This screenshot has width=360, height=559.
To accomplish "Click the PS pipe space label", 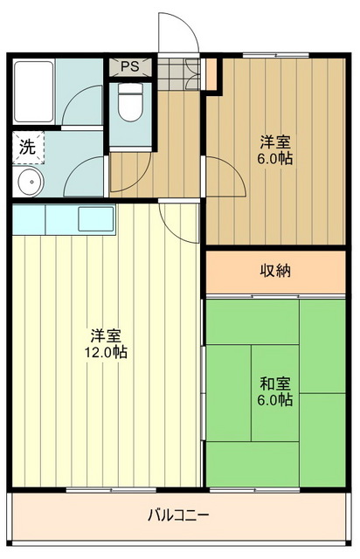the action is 130,66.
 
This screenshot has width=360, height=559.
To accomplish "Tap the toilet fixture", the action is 130,102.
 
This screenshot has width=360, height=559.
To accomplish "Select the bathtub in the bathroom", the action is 33,92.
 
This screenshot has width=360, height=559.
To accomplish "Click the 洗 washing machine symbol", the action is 28,147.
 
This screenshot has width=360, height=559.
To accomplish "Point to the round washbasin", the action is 31,182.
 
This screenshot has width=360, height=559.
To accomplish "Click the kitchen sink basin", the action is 96,218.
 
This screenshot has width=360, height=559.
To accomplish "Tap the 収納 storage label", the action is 275,271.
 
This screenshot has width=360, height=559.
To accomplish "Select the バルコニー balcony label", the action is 178,515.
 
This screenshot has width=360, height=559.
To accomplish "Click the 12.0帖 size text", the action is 106,353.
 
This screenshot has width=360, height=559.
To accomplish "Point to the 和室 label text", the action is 275,384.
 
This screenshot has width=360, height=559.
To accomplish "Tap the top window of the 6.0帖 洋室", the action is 276,55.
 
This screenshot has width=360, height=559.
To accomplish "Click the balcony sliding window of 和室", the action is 254,490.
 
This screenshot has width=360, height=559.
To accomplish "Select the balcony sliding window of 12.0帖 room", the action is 111,490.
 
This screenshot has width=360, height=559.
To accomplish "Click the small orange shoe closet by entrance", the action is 211,73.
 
